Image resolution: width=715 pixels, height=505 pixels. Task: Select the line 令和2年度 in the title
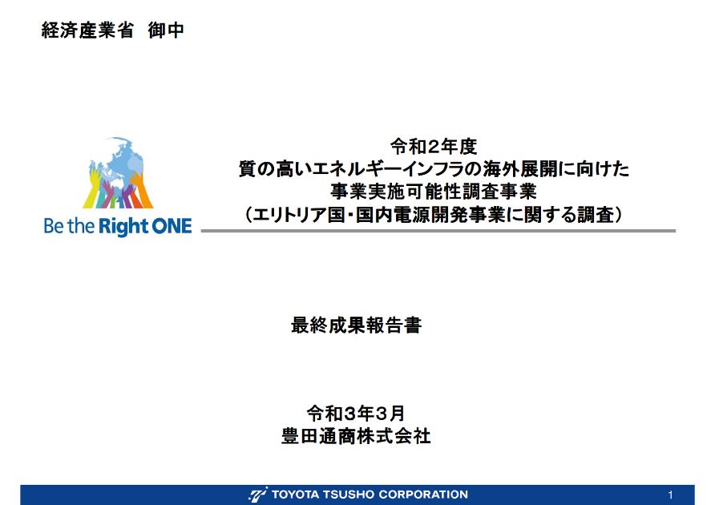coord(433,147)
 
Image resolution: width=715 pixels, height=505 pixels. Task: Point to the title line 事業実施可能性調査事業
coord(433,192)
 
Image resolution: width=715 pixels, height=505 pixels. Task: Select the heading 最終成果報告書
coord(356,325)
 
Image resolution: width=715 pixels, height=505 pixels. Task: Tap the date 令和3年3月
coord(356,413)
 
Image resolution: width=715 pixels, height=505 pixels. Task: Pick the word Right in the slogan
coord(123,227)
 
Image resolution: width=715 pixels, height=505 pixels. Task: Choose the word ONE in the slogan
coord(172,226)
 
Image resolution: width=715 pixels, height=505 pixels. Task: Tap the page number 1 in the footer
coord(670,495)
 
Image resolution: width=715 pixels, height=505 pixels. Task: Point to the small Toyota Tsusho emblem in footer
coord(258,495)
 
